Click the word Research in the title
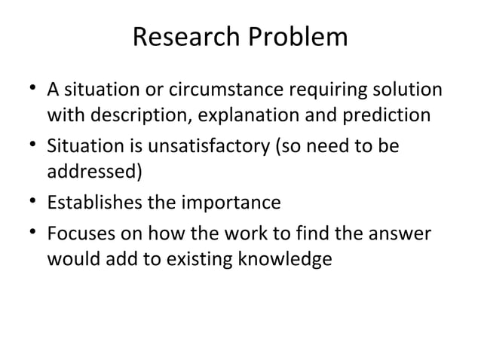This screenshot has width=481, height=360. [x=181, y=38]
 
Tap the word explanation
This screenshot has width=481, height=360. [x=255, y=116]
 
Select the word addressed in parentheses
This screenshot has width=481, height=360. [x=94, y=171]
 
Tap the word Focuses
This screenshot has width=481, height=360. [x=79, y=233]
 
